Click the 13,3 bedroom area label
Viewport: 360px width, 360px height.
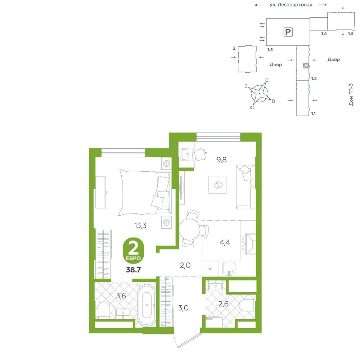140,226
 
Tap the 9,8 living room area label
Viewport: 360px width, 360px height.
222,159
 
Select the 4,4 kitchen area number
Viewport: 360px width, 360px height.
225,242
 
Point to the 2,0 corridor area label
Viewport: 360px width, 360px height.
185,265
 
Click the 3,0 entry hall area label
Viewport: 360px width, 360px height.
184,308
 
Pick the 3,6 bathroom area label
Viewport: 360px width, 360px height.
121,296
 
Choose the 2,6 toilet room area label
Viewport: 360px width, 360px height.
224,304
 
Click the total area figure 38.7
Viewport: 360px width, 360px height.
134,270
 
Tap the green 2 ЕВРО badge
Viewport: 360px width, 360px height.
134,251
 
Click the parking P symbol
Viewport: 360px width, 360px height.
288,32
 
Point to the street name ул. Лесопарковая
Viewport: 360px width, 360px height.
291,5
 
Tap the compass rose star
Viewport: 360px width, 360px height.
260,94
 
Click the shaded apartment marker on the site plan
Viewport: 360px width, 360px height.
306,66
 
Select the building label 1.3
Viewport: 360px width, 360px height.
270,50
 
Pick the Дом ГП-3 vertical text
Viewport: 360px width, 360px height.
351,94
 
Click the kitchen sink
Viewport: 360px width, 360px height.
229,269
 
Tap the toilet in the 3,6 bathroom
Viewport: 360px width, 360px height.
104,310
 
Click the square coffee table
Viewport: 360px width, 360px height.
217,185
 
